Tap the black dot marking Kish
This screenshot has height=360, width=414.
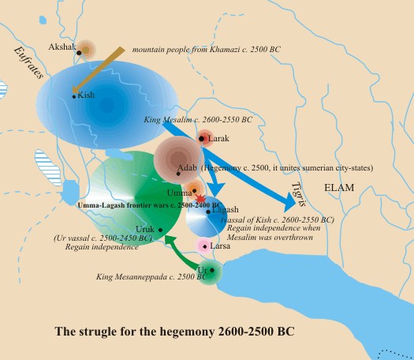pos(73,96)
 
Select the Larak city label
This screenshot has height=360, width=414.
pos(218,138)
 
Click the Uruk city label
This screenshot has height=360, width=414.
pos(146,229)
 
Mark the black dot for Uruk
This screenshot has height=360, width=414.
pos(160,230)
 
